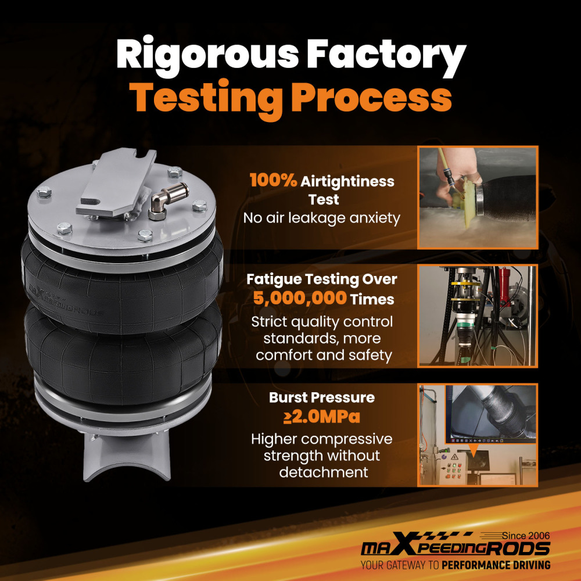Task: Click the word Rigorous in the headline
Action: click(x=207, y=56)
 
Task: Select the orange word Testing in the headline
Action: click(x=207, y=99)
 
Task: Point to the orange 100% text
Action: click(x=274, y=181)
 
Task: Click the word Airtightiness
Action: click(x=347, y=181)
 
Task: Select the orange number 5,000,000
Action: click(x=300, y=298)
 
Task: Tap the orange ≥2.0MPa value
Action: click(x=322, y=417)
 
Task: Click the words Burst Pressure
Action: click(x=322, y=397)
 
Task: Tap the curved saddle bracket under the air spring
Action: click(x=127, y=455)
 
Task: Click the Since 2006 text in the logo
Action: click(x=526, y=536)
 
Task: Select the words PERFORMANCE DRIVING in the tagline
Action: click(x=496, y=565)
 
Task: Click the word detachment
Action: click(x=324, y=472)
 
